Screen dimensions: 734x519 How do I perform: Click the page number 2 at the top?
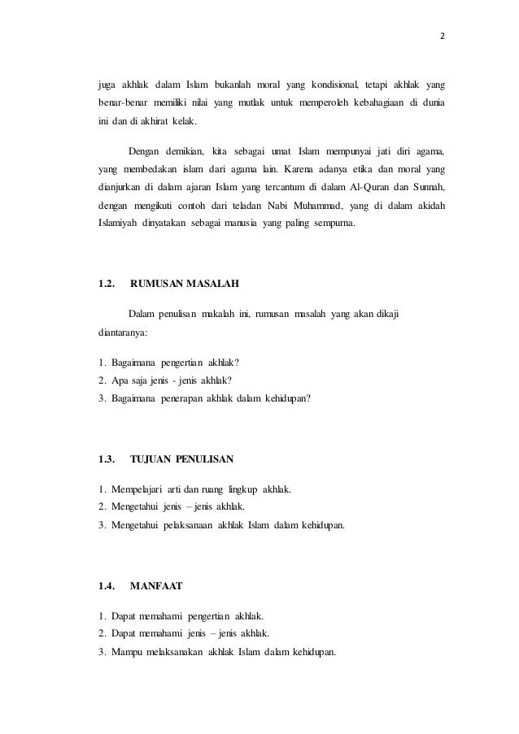point(443,36)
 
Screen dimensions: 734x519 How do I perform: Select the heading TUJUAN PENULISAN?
point(181,460)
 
